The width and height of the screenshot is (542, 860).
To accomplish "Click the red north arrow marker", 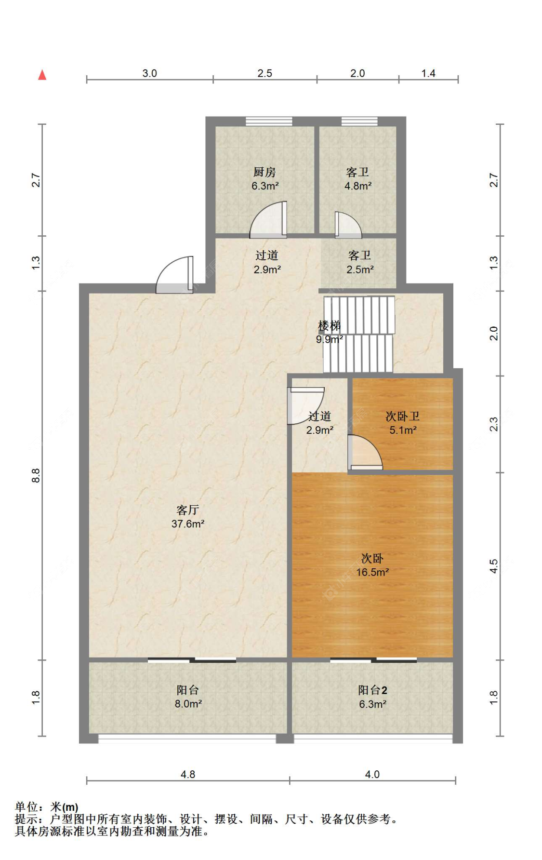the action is pos(42,75).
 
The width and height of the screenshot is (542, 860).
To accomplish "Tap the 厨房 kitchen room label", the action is pos(264,172).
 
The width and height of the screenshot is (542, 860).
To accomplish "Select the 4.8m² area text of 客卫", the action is pos(358,186).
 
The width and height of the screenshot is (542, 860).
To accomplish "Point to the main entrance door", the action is pos(174,275).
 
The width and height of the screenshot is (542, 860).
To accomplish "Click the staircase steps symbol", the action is pos(358,335).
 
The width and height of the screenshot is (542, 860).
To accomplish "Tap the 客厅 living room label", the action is pos(188,510).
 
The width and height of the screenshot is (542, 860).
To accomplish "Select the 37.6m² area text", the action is pos(188,524).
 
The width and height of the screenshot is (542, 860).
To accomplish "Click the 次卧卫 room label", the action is pos(403,416).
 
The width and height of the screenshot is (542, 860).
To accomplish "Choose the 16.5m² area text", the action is pos(372,572).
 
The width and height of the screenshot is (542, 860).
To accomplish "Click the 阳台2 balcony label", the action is pos(372,690).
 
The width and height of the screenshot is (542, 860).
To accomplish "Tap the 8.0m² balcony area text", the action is pos(188,704).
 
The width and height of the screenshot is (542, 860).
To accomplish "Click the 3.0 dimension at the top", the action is pos(149,73).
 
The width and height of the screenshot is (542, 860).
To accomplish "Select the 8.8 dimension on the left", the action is pos(36,476).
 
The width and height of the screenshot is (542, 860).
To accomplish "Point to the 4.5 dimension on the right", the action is pos(493,566).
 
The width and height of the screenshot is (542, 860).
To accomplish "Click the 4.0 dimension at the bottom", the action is pos(372,774).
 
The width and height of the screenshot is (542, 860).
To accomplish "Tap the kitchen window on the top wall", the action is pos(269,121).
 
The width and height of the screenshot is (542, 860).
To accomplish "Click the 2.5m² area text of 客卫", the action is pos(360,270).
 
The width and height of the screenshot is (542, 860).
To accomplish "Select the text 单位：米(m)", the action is pos(47,807).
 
